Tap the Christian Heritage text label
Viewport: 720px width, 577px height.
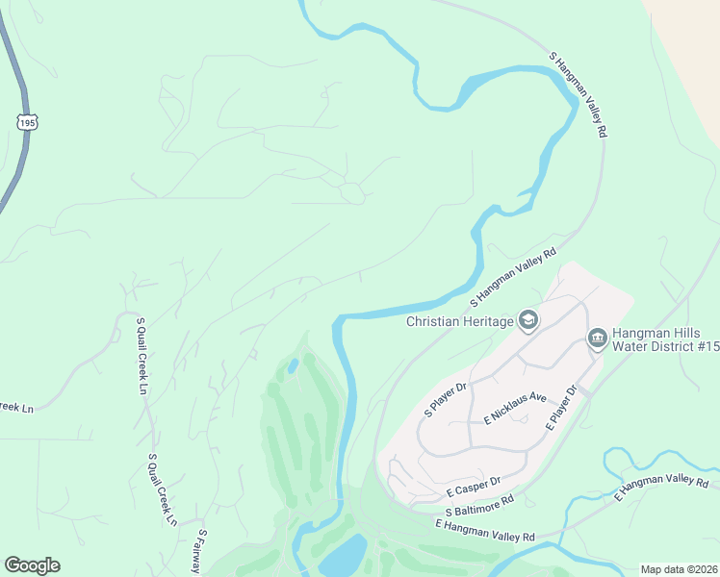(460, 321)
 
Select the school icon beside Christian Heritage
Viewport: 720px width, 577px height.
(527, 319)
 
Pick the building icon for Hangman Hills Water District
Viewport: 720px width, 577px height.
(596, 338)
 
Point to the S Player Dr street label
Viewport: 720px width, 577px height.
(446, 399)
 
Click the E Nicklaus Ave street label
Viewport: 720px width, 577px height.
(515, 409)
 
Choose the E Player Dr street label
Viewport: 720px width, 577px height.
(561, 407)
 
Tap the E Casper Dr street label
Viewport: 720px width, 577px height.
(474, 486)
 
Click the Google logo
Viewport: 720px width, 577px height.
(32, 565)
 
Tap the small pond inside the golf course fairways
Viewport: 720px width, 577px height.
(293, 366)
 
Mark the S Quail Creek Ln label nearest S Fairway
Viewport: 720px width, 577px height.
(163, 489)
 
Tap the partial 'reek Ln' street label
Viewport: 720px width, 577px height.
(16, 408)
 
